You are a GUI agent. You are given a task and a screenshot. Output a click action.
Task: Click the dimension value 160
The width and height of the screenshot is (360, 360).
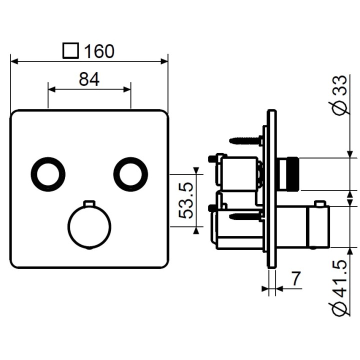(99, 51)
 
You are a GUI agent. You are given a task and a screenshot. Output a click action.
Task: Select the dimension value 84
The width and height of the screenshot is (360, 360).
(89, 78)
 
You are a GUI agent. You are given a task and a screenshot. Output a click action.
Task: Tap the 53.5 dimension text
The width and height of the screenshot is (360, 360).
(186, 200)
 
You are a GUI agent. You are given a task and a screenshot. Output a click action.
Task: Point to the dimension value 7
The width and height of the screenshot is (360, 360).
(297, 279)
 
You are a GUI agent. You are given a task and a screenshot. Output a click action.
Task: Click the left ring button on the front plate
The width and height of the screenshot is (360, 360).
(48, 173)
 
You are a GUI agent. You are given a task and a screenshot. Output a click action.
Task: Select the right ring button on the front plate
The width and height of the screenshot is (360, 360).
(130, 173)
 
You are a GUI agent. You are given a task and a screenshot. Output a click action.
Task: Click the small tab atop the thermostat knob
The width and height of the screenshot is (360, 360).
(89, 203)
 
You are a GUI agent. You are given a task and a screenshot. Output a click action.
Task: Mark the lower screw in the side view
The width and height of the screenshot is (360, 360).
(245, 216)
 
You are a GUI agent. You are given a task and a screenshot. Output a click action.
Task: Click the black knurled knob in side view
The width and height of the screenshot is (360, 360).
(290, 174)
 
